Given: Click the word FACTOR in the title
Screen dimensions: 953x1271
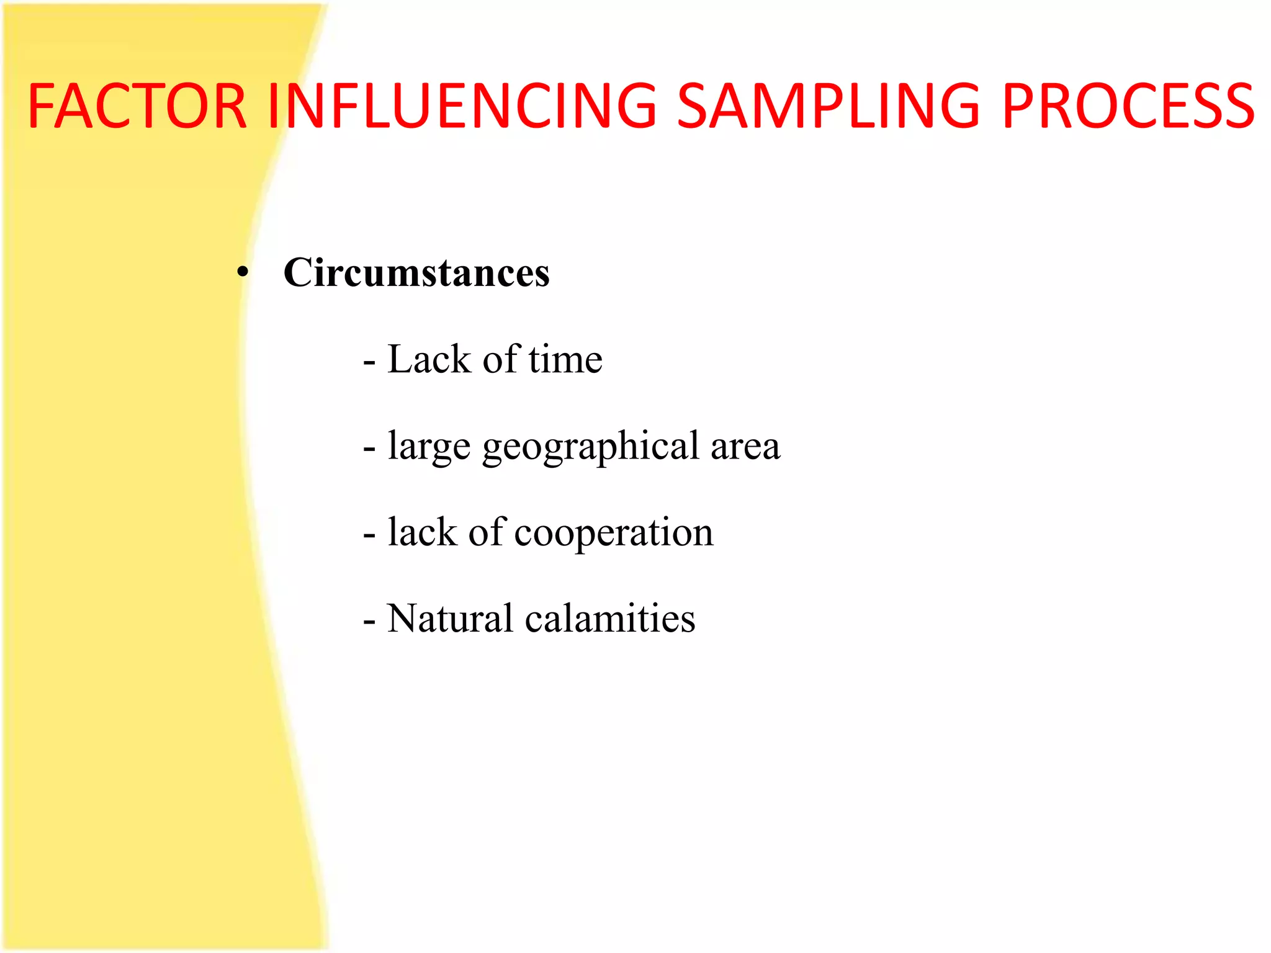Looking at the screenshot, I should click(137, 106).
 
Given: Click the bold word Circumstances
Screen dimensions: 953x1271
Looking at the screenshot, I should click(416, 273).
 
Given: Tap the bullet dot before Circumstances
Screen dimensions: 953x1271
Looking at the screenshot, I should click(243, 272).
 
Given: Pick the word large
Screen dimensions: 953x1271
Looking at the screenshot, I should click(429, 447).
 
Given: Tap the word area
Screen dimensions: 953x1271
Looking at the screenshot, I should click(745, 447).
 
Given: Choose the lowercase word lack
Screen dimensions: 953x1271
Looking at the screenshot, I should click(422, 532).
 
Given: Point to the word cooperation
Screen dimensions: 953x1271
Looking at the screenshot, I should click(614, 532).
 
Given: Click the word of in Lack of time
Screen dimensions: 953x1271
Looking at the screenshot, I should click(500, 359).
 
